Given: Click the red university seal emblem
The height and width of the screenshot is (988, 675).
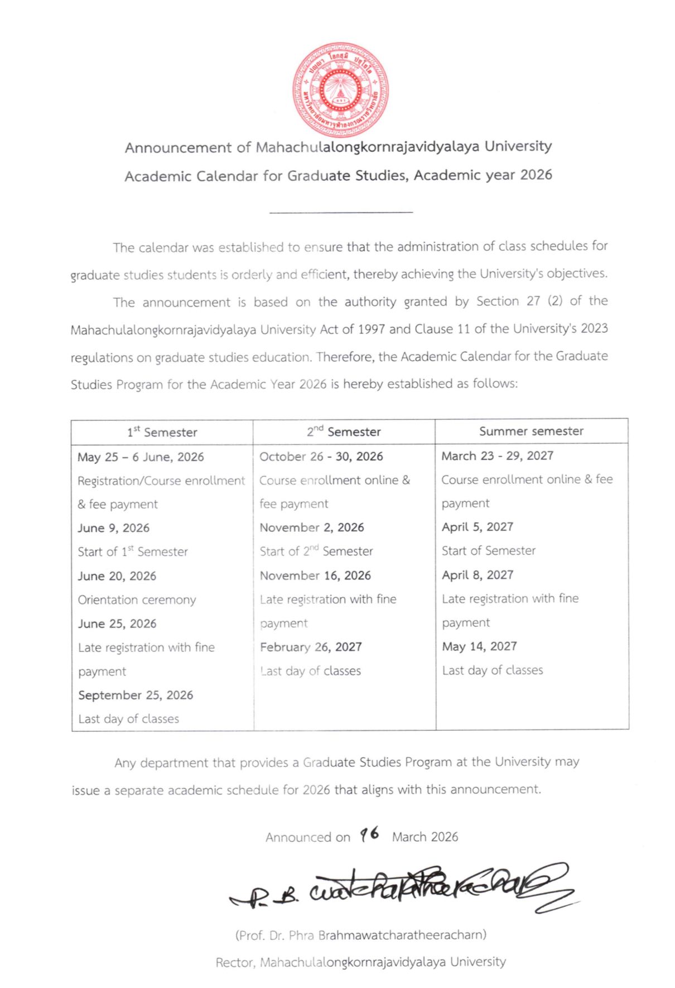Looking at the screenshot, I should tap(340, 90).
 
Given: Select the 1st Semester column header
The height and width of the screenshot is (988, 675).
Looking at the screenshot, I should tap(162, 432).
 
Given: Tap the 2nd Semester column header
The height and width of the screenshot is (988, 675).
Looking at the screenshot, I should tap(344, 431).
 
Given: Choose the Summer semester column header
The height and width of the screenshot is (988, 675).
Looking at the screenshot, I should tap(531, 431).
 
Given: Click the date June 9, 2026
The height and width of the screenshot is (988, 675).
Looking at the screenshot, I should tap(114, 528).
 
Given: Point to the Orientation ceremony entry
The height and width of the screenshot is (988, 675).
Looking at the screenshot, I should tap(137, 600).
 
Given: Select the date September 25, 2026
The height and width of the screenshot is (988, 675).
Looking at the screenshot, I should tap(136, 695).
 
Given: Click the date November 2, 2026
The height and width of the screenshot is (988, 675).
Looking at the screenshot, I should tap(311, 527).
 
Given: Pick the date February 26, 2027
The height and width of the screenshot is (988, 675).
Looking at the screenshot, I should tap(311, 647).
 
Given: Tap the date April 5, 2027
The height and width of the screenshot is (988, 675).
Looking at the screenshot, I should tap(477, 527).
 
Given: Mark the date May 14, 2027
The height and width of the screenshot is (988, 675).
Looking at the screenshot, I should tap(479, 646).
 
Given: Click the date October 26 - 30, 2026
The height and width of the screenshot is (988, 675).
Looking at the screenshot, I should tap(321, 457).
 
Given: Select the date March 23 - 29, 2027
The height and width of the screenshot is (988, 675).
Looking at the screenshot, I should tap(497, 456).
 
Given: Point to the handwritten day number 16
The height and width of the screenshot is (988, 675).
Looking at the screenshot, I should tap(369, 834).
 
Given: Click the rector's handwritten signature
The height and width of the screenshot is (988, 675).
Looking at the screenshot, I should tap(407, 888).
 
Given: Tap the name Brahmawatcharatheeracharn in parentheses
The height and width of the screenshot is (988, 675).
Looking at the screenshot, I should tap(401, 935).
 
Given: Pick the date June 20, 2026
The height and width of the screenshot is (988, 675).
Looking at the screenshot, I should tap(117, 576).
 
